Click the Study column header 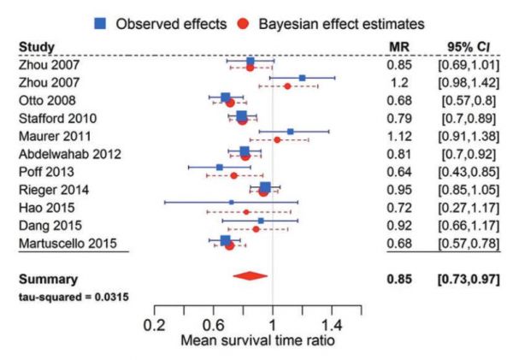[x=36, y=46]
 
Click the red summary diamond [x=250, y=276]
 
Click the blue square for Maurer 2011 [x=291, y=132]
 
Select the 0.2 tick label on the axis [x=155, y=325]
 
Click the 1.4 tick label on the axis [x=332, y=325]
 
